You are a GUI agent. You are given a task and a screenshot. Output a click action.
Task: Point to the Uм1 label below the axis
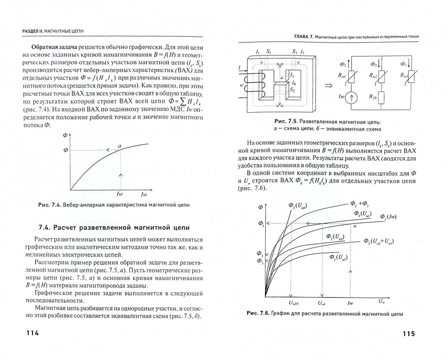(322, 303)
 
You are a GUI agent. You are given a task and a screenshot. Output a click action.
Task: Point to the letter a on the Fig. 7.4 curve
(120, 146)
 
